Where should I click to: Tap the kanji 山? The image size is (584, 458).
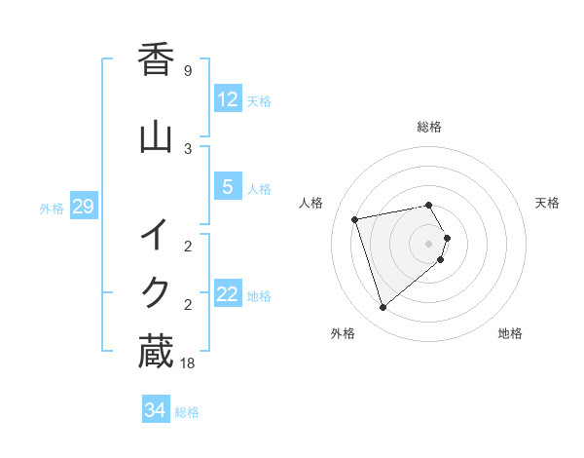pyautogui.click(x=156, y=137)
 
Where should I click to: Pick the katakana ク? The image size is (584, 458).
pyautogui.click(x=156, y=291)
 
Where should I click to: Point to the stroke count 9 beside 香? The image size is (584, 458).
pyautogui.click(x=187, y=71)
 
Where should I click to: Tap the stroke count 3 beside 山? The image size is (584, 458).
pyautogui.click(x=187, y=149)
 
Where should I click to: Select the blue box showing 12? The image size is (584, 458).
pyautogui.click(x=227, y=99)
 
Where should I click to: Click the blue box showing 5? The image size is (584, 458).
pyautogui.click(x=227, y=187)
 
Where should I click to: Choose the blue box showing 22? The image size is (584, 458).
pyautogui.click(x=227, y=294)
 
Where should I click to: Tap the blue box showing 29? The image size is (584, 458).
pyautogui.click(x=83, y=207)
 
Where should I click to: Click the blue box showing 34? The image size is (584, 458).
pyautogui.click(x=155, y=410)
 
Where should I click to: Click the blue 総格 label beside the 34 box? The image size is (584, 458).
pyautogui.click(x=187, y=412)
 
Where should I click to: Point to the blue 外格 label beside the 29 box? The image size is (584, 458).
pyautogui.click(x=52, y=209)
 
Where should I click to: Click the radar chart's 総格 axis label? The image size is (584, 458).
pyautogui.click(x=428, y=127)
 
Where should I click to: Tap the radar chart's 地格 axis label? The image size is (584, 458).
pyautogui.click(x=510, y=333)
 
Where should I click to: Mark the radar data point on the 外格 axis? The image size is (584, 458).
pyautogui.click(x=383, y=308)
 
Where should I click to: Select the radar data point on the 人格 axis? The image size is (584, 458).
pyautogui.click(x=355, y=218)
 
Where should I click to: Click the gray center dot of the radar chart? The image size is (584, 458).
pyautogui.click(x=429, y=243)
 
